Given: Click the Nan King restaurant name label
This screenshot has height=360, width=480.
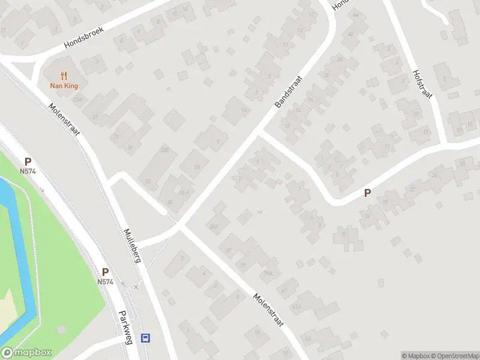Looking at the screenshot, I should click(x=64, y=86).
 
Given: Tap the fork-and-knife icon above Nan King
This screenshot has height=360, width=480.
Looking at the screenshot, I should click(x=64, y=75).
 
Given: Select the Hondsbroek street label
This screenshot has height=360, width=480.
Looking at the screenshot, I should click(x=84, y=37).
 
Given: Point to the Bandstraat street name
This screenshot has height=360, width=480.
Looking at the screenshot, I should click(x=287, y=91).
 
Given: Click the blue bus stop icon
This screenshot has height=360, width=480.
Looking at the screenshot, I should click(x=145, y=338).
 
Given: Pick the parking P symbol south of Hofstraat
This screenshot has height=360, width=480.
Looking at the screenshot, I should click(x=367, y=193).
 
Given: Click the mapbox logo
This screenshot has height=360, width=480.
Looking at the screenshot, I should click(x=26, y=353).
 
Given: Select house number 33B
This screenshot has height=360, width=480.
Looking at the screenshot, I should click(x=165, y=149).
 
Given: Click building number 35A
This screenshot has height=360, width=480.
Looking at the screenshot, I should click(x=214, y=226).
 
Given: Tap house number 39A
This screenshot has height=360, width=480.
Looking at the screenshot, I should click(x=268, y=274).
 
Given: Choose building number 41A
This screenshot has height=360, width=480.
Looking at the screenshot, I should click(x=296, y=307).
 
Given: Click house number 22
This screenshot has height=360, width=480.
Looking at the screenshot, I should click(x=412, y=190).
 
